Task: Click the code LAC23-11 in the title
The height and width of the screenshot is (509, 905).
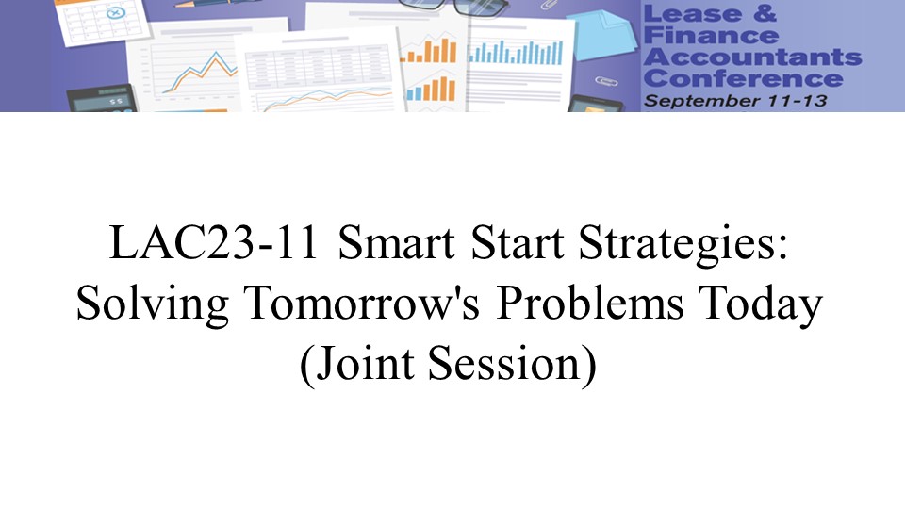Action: click(x=214, y=242)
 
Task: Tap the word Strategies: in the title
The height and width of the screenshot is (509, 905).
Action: click(x=683, y=245)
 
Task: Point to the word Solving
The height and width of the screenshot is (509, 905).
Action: click(x=153, y=304)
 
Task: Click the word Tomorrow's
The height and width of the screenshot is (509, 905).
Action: click(x=361, y=304)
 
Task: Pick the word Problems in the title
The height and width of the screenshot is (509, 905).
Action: click(x=590, y=304)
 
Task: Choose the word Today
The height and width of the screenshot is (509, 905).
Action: click(x=760, y=305)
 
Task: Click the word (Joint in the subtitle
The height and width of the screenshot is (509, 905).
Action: click(x=356, y=365)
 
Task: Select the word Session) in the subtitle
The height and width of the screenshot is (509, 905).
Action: click(x=513, y=365)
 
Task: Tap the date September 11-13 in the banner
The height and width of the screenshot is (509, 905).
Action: click(x=735, y=101)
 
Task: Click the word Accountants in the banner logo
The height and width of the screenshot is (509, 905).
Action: click(x=752, y=57)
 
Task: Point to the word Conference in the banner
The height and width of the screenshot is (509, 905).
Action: click(x=744, y=78)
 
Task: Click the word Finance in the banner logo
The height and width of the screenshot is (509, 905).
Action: click(x=711, y=35)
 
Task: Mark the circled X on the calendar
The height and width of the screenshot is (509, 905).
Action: click(x=116, y=12)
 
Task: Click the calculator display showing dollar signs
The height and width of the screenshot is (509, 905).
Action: click(x=102, y=99)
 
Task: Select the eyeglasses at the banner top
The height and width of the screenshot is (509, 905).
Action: click(x=453, y=7)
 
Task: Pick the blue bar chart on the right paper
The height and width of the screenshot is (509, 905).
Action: click(x=516, y=52)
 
